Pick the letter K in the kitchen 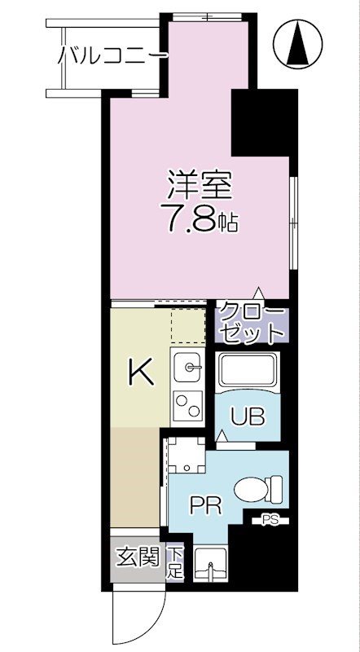click(141, 374)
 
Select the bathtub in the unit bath click(249, 371)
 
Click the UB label click(248, 416)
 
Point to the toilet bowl click(259, 490)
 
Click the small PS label click(270, 518)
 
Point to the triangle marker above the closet click(259, 293)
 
